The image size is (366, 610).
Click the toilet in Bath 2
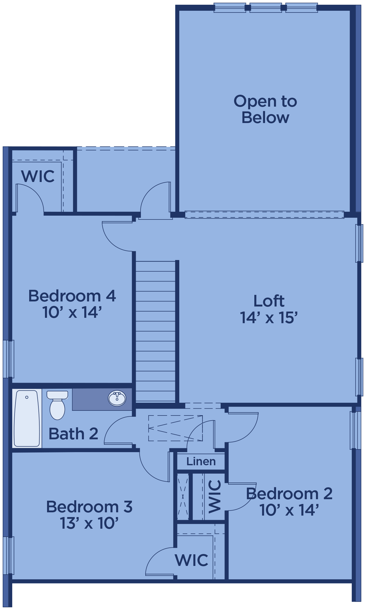57,405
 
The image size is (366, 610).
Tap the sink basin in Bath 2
117,398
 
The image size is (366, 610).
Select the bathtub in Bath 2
27,418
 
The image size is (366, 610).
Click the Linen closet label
201,461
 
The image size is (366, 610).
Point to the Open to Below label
265,109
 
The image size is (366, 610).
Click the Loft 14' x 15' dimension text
269,318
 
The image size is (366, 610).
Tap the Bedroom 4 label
72,296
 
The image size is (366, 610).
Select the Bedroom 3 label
89,507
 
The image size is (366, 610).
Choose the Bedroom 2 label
289,494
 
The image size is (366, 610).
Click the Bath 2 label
73,434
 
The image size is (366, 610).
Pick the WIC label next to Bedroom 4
38,176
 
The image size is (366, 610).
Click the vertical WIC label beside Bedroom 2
215,497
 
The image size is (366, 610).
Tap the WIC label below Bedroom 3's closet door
191,560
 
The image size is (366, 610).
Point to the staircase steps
155,331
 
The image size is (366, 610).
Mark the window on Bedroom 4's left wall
9,359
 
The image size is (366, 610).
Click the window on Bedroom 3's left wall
9,555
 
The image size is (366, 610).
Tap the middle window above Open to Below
266,8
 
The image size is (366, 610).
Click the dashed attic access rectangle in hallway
175,428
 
